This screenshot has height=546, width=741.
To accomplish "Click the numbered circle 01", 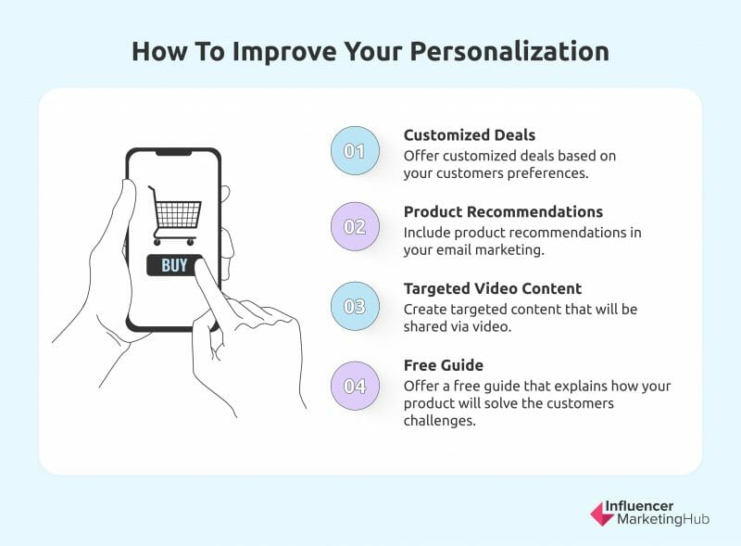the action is pos(355,151).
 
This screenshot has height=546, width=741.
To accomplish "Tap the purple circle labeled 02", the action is pos(355,226).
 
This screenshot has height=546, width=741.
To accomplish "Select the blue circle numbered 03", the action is pos(355,306).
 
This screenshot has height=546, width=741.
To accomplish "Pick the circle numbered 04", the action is pos(355,386).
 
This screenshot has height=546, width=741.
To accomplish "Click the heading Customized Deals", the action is pos(470,135).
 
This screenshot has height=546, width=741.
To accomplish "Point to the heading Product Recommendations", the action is pos(503,212).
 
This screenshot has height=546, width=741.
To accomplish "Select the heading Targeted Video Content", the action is pos(493,288).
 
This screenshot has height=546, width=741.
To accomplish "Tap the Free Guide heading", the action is pos(444,365).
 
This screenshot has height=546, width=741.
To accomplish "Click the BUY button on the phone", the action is pos(174,265).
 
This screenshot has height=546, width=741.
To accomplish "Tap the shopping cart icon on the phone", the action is pos(175,215).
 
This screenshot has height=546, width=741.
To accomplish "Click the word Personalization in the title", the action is pos(509,52).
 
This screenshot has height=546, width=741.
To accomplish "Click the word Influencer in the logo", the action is pos(639,506).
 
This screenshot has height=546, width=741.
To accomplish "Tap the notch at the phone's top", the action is pos(173,152).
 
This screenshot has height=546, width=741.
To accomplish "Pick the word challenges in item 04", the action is pos(439,421).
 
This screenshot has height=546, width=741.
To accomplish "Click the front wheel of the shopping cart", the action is pos(191,242).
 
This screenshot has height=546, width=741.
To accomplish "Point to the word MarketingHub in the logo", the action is pos(663,519).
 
